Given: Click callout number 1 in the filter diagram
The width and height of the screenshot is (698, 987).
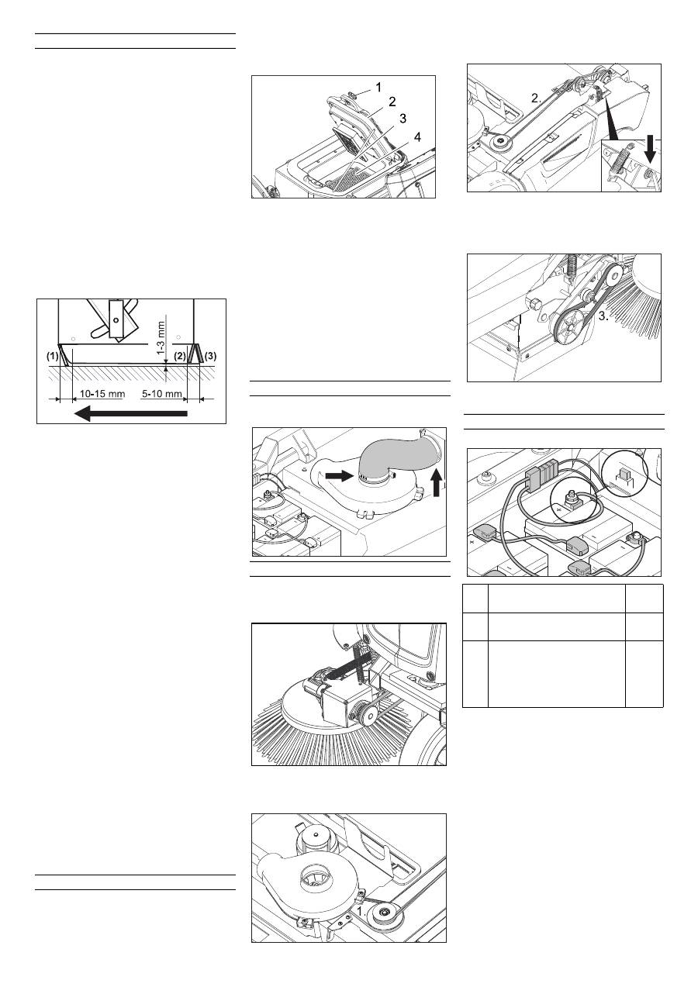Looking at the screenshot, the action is tap(378, 88).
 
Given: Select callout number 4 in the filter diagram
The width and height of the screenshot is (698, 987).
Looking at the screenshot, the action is tap(417, 137).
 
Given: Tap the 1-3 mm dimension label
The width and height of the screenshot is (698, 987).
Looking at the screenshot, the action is tap(161, 338).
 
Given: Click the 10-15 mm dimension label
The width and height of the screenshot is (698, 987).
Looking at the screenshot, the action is tap(102, 393).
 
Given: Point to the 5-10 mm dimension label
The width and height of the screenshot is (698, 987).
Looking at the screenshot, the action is tap(162, 393).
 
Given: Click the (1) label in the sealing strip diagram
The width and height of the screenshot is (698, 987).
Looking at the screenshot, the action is tap(53, 357).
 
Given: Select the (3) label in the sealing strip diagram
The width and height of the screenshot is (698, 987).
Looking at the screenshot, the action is tap(211, 356).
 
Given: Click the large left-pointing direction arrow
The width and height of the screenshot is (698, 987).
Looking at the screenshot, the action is tap(131, 414).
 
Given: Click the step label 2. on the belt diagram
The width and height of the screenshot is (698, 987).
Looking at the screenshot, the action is tap(536, 98).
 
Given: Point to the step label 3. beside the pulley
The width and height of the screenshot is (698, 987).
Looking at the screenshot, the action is tap(603, 316).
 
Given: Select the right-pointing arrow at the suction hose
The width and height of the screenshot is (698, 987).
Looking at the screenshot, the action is tap(339, 475).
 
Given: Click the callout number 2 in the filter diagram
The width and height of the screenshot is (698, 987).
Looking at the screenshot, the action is tap(392, 102).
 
